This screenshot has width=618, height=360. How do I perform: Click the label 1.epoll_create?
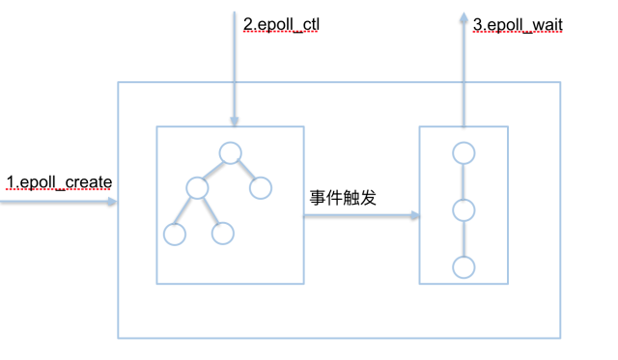tap(59, 181)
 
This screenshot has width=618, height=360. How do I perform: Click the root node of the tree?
tap(229, 152)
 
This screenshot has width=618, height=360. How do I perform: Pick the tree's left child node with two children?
tap(199, 188)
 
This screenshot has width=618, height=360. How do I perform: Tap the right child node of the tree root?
tap(260, 187)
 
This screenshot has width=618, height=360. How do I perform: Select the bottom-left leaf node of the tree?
tap(175, 234)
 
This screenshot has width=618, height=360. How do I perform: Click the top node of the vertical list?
tap(463, 152)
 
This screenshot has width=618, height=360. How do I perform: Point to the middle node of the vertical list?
tap(463, 210)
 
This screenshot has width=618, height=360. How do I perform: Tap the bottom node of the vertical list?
tap(463, 266)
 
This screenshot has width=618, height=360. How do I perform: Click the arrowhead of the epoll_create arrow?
tap(113, 203)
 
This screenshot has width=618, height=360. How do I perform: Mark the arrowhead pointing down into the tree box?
tap(233, 121)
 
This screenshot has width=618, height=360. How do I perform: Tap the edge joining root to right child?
tap(245, 171)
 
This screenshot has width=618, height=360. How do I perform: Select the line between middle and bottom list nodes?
tap(463, 238)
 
